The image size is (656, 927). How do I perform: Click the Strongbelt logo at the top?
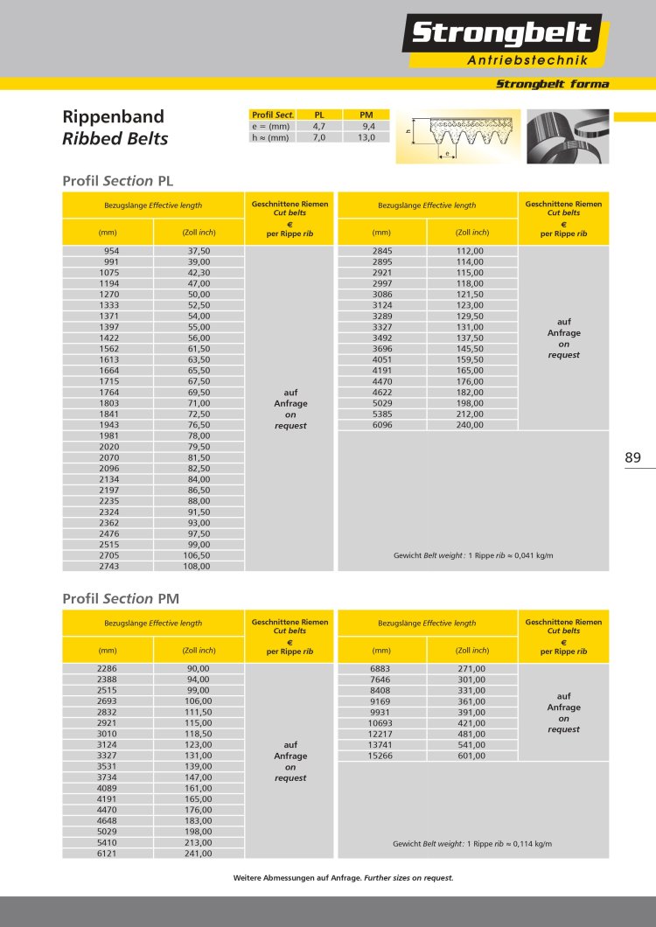501,34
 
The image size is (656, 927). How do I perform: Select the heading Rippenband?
114,117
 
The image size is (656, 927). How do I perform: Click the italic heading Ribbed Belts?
115,138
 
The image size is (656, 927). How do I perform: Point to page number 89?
633,457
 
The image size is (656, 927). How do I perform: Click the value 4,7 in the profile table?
319,126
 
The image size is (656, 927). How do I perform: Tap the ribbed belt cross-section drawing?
457,136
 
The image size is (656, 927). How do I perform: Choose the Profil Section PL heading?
118,180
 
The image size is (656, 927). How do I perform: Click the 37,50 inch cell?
199,251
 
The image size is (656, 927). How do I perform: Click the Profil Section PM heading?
121,598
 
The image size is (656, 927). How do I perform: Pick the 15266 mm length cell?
382,756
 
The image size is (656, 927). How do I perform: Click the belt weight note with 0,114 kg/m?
472,844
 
